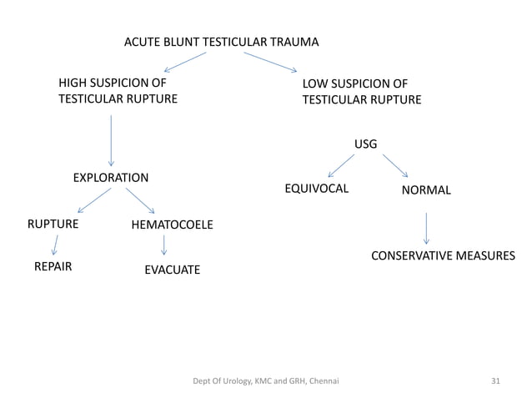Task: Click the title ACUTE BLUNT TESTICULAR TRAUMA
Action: [x=221, y=42]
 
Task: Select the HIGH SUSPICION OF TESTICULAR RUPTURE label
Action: [x=117, y=91]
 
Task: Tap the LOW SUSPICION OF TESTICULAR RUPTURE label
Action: [x=361, y=92]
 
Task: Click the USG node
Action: [x=365, y=144]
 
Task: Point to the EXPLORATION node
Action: [x=111, y=178]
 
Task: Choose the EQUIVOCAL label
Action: [x=317, y=189]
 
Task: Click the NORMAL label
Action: [x=426, y=190]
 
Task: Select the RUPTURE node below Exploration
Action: [x=53, y=225]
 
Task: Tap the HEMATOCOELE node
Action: [x=172, y=225]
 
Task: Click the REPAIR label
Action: [x=53, y=268]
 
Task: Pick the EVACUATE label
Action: [x=172, y=270]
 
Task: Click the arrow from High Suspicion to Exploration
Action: [x=111, y=140]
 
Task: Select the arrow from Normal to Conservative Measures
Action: [x=426, y=228]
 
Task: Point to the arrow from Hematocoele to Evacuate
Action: [x=164, y=245]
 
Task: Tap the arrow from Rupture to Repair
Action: [x=55, y=245]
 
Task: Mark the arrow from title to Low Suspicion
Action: [x=270, y=62]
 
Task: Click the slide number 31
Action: [x=495, y=381]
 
